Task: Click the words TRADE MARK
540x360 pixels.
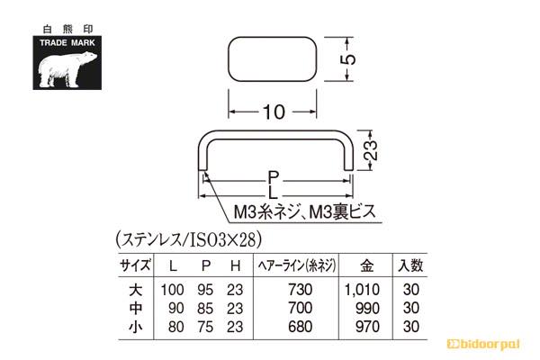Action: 67,43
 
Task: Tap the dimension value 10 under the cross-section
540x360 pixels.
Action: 274,112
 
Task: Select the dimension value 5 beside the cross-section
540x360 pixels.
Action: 348,59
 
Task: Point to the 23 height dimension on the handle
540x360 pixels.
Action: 371,150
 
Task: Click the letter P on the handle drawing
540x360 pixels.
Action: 273,177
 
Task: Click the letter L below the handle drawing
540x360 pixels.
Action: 273,193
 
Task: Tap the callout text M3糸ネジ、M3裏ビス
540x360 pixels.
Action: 304,211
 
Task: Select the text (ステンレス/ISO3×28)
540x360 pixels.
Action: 189,240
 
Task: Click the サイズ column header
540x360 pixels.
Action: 135,265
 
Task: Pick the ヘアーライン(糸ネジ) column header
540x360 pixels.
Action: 296,265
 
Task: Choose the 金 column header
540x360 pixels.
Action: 367,265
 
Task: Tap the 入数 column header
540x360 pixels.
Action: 410,265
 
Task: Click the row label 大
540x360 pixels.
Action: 136,290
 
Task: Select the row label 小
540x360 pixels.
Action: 136,327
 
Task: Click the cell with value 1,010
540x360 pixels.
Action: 363,290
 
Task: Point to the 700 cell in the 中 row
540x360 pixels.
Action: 301,308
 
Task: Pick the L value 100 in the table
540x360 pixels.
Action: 173,290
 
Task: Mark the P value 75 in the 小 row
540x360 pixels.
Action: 205,327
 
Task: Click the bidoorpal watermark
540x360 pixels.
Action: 482,344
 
